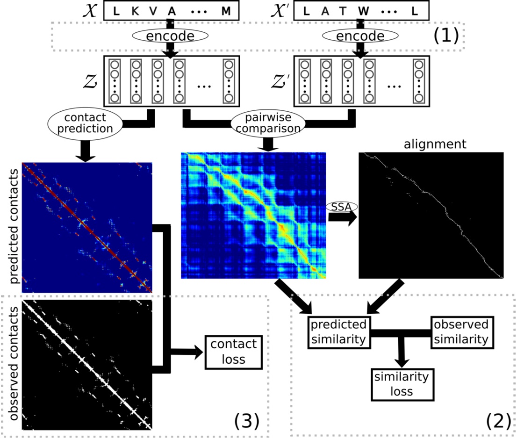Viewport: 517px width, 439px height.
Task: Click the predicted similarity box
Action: [338, 331]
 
